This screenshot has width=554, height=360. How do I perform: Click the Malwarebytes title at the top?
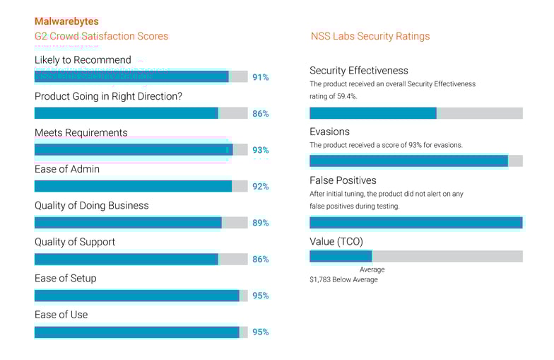66,22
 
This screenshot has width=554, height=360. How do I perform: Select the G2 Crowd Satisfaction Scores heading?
101,36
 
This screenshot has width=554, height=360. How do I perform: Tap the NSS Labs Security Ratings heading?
370,36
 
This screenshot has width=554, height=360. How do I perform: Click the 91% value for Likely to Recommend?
260,77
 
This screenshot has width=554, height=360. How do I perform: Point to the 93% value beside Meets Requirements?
260,150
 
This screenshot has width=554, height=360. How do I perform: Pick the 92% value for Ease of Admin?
260,187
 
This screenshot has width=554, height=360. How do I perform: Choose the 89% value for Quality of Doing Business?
260,223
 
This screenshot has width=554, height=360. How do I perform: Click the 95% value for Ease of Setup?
260,296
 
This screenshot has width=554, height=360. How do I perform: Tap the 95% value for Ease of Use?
260,332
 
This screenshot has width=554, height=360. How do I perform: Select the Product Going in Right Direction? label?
108,96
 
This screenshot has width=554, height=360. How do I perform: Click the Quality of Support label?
74,242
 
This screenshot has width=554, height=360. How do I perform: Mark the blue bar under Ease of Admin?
133,186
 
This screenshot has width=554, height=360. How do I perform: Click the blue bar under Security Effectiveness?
372,113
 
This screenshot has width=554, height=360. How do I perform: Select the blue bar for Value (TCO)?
341,256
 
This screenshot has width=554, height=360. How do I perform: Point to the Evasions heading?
329,132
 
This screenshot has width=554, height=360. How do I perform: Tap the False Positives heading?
343,180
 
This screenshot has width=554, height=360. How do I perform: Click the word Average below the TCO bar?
372,269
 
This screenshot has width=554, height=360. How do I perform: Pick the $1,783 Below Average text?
343,279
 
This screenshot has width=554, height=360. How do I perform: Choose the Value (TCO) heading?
336,241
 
